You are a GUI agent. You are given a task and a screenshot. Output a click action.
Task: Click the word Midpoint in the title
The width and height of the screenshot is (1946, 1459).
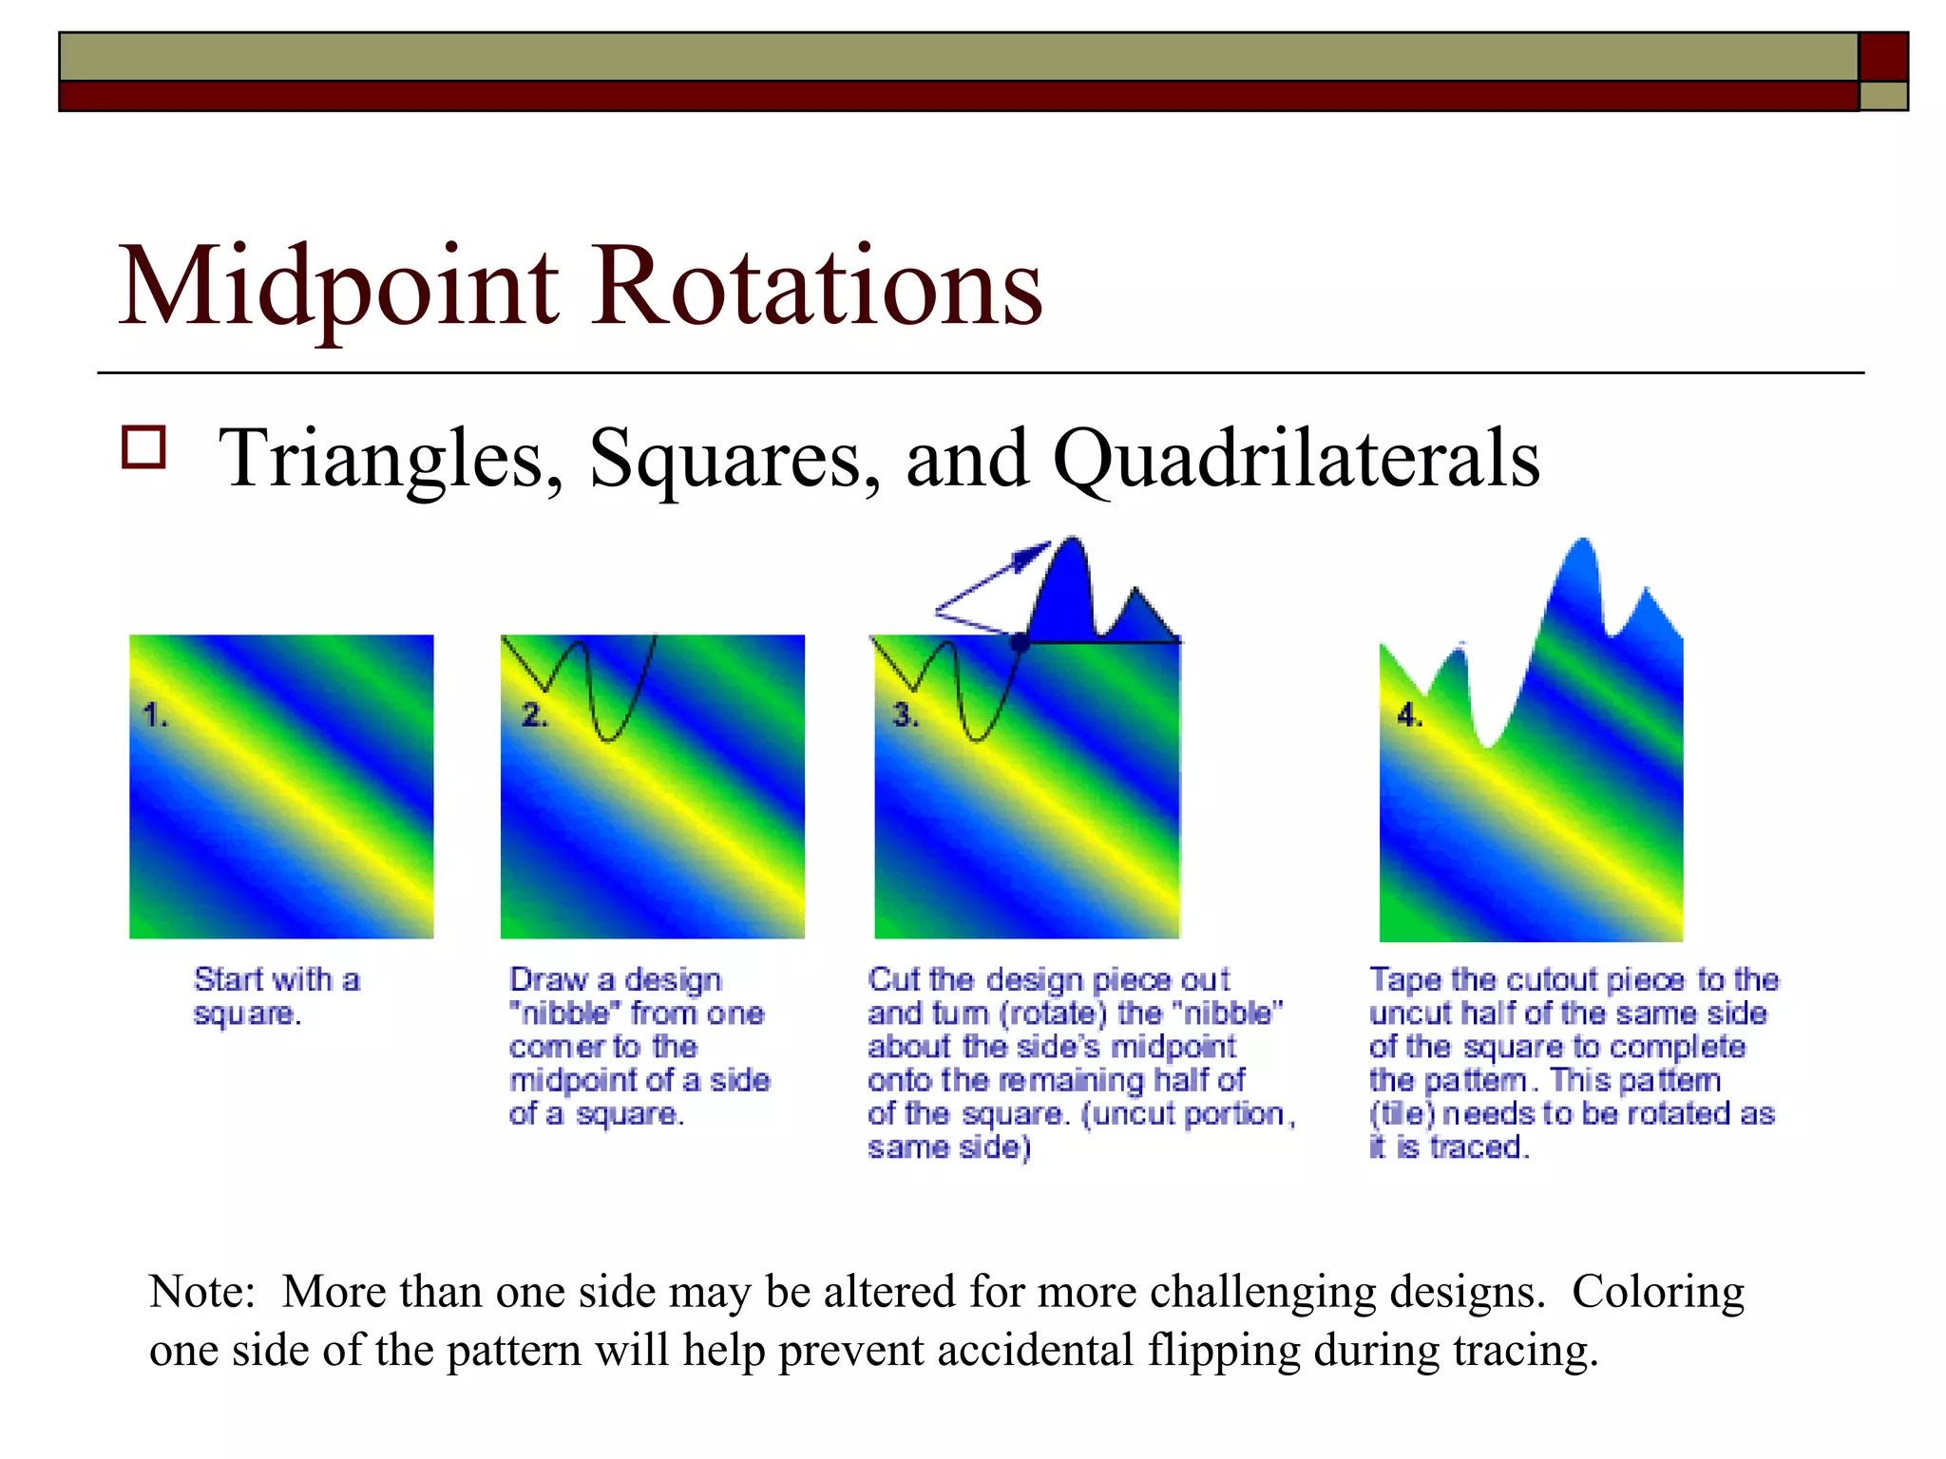338,287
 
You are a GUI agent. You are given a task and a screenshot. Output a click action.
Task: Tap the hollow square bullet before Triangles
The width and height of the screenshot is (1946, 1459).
143,447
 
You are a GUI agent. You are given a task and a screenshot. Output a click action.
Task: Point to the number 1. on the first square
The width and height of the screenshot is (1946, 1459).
155,714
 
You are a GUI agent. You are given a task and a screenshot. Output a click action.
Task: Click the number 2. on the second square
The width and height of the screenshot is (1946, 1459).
535,714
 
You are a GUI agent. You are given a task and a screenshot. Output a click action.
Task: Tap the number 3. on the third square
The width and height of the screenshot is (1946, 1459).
906,714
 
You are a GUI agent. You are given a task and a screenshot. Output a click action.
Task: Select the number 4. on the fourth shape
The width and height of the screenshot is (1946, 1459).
1410,715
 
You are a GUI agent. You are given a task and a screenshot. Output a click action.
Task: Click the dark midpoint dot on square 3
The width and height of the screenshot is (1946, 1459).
1020,643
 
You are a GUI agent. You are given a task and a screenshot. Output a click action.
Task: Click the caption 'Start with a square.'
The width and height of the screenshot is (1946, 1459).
276,995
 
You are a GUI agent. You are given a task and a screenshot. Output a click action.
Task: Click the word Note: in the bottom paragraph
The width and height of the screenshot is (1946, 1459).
202,1292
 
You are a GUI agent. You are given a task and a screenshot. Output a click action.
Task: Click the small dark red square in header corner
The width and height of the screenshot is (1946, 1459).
1882,57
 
